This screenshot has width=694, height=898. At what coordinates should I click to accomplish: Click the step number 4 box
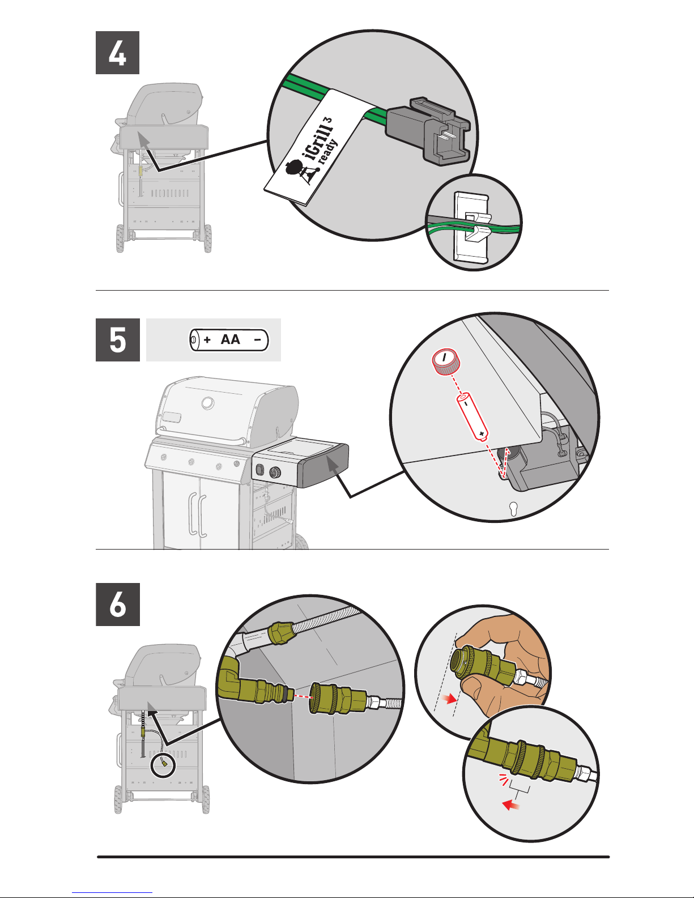pos(117,53)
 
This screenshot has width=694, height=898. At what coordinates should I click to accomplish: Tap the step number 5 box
pos(117,340)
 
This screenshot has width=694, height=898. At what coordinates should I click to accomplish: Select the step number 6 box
pos(117,605)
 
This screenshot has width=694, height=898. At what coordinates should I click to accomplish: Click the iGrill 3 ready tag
pos(314,147)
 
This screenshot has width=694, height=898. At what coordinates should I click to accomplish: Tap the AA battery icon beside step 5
pos(228,340)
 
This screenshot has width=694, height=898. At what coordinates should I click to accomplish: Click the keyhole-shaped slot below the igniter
pos(514,509)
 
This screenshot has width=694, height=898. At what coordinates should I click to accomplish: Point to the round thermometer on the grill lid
pos(208,403)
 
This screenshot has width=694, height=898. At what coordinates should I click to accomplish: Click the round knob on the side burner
pos(275,473)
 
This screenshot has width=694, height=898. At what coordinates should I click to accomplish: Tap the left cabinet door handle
pos(193,514)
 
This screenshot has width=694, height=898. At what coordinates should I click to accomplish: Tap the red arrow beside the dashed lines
pos(449,700)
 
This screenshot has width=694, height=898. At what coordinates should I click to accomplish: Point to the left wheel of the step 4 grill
pos(121,238)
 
